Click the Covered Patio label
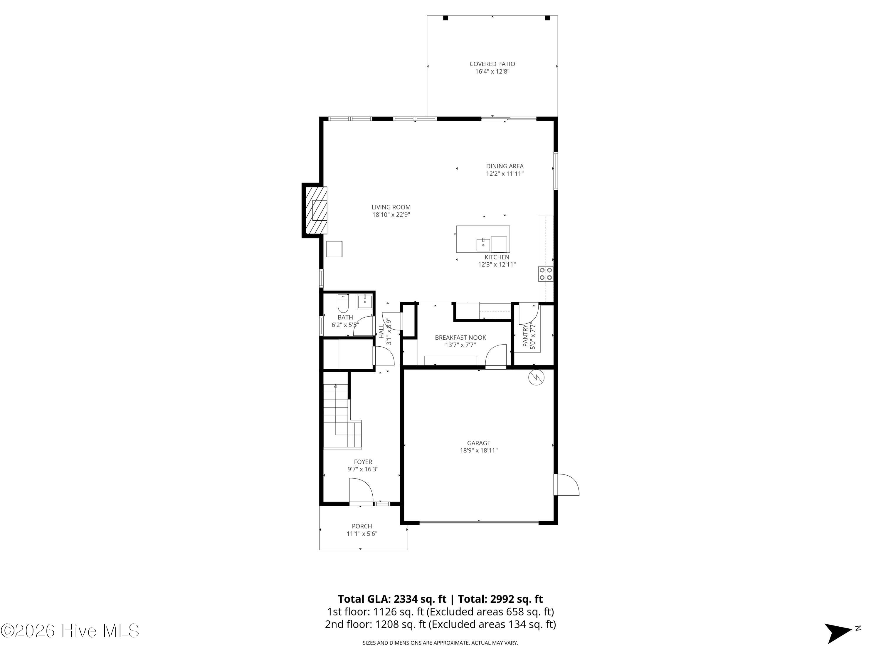(492, 64)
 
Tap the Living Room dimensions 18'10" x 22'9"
(391, 215)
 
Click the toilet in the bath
(343, 303)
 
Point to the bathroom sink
(364, 302)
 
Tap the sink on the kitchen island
(483, 244)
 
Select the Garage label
(479, 443)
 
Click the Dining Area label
(505, 166)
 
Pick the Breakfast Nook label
(460, 338)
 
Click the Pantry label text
(525, 335)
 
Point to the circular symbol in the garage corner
(536, 378)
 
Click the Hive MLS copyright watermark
(70, 631)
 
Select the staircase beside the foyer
(342, 416)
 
